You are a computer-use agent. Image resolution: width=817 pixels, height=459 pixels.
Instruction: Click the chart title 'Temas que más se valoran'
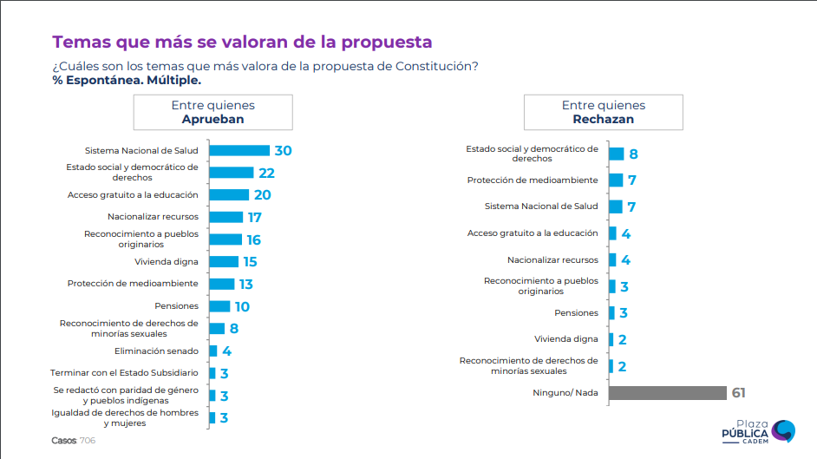click(242, 42)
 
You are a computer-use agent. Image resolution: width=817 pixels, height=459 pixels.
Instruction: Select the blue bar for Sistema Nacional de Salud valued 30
click(239, 150)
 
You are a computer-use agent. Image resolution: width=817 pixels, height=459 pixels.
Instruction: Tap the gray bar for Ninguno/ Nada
click(667, 393)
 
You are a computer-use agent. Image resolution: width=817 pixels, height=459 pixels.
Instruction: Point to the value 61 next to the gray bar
click(738, 393)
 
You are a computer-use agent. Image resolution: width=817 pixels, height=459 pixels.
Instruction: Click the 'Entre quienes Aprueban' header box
click(212, 112)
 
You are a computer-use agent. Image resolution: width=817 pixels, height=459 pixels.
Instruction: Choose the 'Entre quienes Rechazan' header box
click(603, 112)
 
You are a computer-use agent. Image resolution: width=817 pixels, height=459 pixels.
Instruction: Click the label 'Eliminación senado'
click(156, 351)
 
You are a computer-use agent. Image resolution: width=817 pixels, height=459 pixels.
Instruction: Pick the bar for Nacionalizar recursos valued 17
click(225, 217)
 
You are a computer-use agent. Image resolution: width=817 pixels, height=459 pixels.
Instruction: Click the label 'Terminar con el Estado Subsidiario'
click(125, 373)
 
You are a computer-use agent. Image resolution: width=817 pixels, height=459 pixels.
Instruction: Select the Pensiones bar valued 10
click(219, 306)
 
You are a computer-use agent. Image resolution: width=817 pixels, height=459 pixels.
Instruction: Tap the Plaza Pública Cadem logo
click(758, 431)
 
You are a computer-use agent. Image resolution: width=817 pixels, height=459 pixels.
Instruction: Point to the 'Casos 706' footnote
click(73, 441)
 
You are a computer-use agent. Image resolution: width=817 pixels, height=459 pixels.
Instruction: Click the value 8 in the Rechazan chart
click(634, 154)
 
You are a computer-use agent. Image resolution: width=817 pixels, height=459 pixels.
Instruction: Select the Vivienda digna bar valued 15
click(224, 261)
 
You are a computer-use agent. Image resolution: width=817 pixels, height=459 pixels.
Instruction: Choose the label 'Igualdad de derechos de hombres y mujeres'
click(125, 417)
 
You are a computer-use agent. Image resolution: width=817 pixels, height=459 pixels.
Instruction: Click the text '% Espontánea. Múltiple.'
click(127, 80)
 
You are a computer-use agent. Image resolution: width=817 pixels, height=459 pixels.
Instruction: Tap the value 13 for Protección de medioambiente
click(247, 284)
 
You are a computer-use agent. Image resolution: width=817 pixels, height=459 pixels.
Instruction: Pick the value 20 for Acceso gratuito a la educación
click(262, 194)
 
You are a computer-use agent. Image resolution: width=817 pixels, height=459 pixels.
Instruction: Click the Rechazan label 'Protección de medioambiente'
click(533, 180)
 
